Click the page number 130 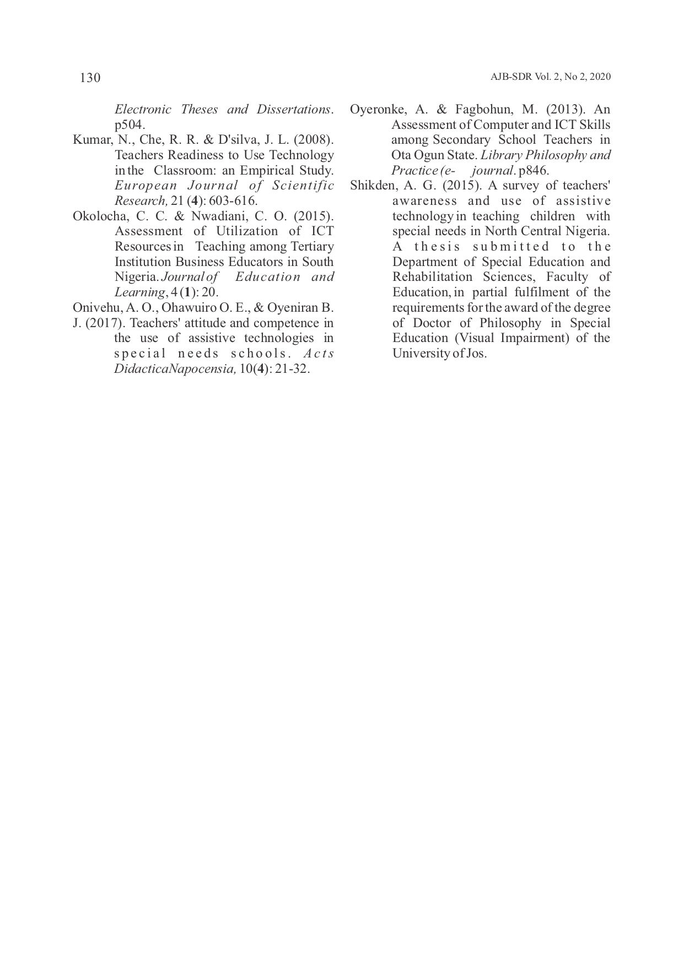click(90, 78)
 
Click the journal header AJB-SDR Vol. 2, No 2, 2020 click(550, 77)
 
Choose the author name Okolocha click(96, 216)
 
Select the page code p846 click(534, 170)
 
